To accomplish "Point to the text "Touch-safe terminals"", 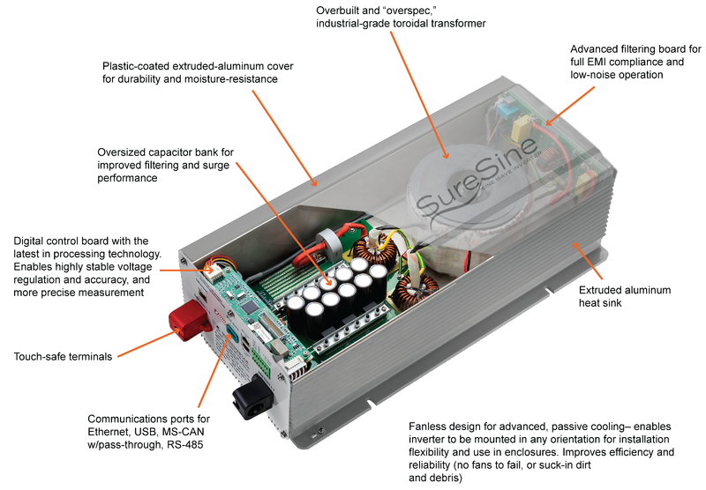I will click(x=64, y=357).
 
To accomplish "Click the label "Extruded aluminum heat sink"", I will click(x=624, y=297).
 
